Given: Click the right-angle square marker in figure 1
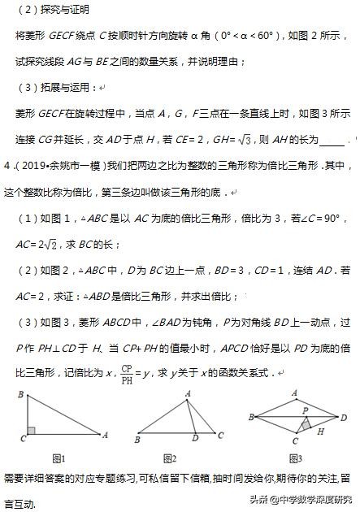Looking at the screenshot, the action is coord(32,430).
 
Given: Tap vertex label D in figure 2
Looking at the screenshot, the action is coord(194,441).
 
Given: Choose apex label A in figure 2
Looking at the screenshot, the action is coord(188,393).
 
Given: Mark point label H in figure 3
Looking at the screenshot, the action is coord(319,432).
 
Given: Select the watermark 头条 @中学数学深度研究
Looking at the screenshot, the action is coord(301,499).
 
